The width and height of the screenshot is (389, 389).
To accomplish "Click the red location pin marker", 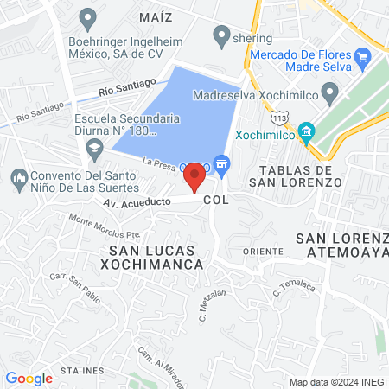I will click(194, 178).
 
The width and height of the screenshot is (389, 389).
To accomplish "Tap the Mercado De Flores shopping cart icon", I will click(363, 58).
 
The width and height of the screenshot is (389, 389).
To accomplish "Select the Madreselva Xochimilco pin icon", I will click(329, 92).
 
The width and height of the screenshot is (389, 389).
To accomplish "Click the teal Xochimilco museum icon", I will click(304, 132).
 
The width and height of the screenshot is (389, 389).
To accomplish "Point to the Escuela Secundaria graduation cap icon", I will click(92, 150).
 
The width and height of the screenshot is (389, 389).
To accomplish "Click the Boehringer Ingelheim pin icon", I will click(87, 16).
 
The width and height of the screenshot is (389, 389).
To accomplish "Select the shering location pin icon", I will click(222, 37).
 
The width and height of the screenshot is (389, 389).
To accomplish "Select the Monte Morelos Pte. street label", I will click(104, 226).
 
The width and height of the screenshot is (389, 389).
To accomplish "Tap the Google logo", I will click(29, 378).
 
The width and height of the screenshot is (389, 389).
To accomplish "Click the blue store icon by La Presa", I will click(222, 163).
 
